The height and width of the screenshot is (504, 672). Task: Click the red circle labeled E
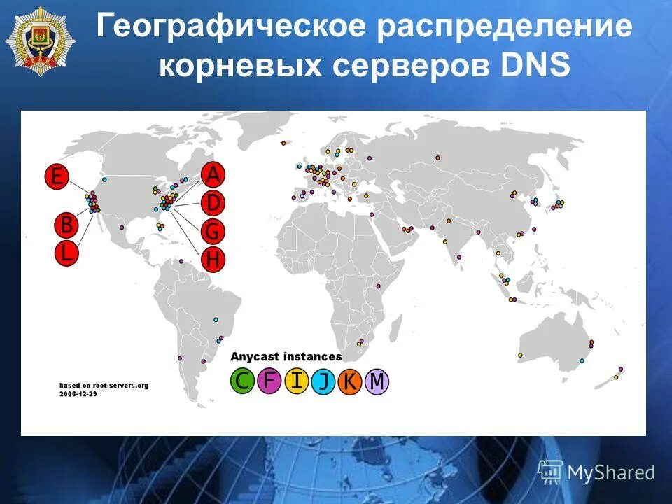pos(57,177)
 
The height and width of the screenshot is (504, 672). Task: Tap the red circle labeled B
pos(66,225)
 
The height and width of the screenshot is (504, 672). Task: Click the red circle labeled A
pos(213,174)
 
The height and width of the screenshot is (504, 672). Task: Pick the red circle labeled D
pos(213,203)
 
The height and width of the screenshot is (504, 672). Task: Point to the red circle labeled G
pos(213,230)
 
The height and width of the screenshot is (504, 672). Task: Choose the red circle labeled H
pos(213,260)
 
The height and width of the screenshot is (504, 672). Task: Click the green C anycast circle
pos(242,381)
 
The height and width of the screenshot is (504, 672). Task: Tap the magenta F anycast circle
pos(269,381)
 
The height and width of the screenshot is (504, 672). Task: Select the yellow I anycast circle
pos(297,381)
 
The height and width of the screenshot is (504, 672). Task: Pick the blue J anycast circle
pos(323,381)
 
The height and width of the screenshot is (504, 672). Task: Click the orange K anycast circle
pos(350,381)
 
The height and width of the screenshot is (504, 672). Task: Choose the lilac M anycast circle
pos(377,381)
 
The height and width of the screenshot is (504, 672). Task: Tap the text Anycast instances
pos(286,356)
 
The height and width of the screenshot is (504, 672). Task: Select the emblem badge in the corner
pos(33,36)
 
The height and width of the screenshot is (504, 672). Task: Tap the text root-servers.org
pos(120,386)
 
